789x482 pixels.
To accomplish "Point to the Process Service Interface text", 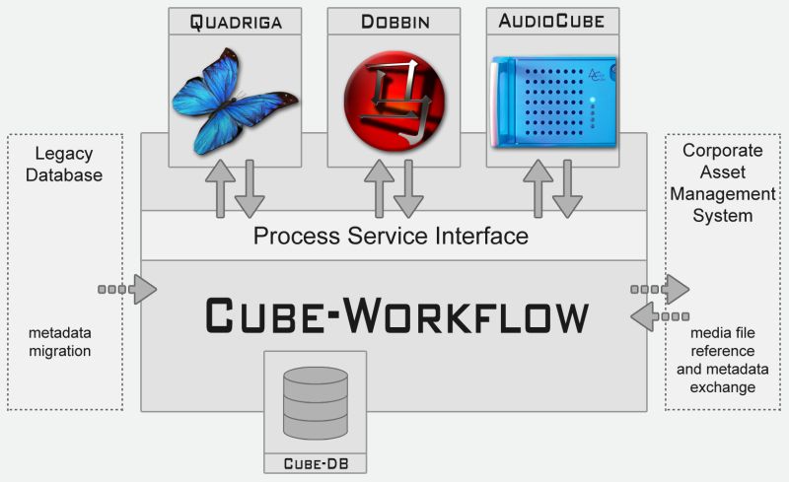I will pyautogui.click(x=391, y=237).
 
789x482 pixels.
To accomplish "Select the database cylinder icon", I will pyautogui.click(x=316, y=403).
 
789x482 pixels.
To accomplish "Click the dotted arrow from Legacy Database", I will pyautogui.click(x=128, y=289).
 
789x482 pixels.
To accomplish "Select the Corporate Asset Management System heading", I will pyautogui.click(x=723, y=182).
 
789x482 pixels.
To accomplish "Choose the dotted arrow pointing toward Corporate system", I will pyautogui.click(x=660, y=289).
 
